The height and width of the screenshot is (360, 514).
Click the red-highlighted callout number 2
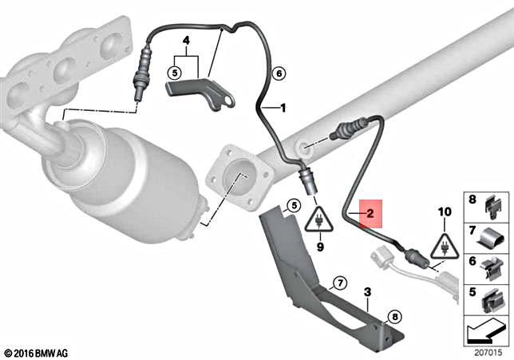point(370,214)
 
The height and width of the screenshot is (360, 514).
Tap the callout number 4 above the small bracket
point(186,39)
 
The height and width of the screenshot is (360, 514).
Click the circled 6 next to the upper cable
point(279,74)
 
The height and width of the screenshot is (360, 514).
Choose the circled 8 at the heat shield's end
point(393,317)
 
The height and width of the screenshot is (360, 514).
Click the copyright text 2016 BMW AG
point(38,352)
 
